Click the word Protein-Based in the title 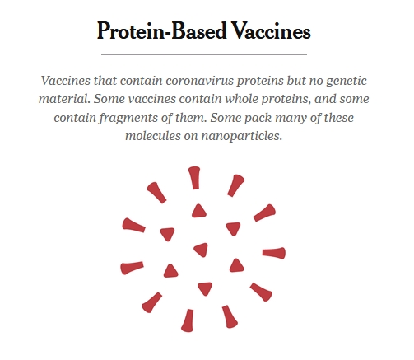pyautogui.click(x=162, y=30)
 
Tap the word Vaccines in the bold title pyautogui.click(x=271, y=30)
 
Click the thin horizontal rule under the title pyautogui.click(x=204, y=54)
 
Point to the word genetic pyautogui.click(x=347, y=82)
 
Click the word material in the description pyautogui.click(x=64, y=99)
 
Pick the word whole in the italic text pyautogui.click(x=242, y=99)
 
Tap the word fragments pyautogui.click(x=128, y=118)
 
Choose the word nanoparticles pyautogui.click(x=242, y=136)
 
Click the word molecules pyautogui.click(x=153, y=136)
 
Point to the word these pyautogui.click(x=338, y=118)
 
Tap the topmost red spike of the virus pyautogui.click(x=194, y=178)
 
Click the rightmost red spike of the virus pyautogui.click(x=274, y=253)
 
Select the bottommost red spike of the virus pyautogui.click(x=188, y=320)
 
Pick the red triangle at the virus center pyautogui.click(x=202, y=250)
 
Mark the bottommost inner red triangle pyautogui.click(x=205, y=288)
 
